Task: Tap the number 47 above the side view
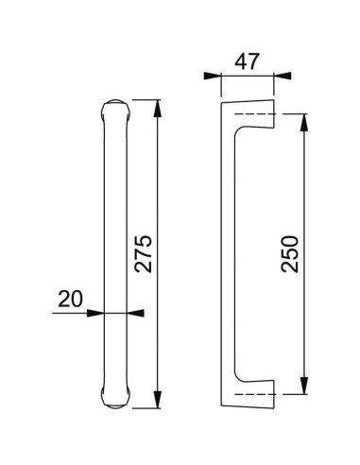pyautogui.click(x=248, y=64)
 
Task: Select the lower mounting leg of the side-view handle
pyautogui.click(x=250, y=397)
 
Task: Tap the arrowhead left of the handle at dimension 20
pyautogui.click(x=98, y=312)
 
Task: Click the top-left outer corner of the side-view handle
pyautogui.click(x=225, y=96)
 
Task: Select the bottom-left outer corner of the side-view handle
pyautogui.click(x=225, y=408)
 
